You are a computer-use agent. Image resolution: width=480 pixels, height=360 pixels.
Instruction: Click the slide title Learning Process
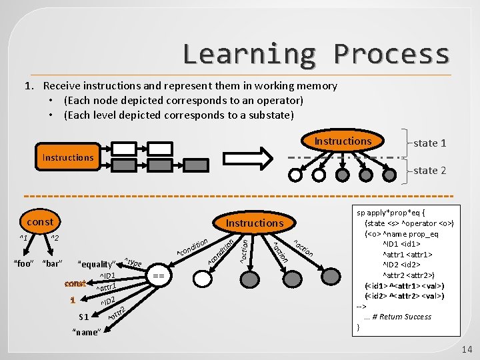(x=316, y=53)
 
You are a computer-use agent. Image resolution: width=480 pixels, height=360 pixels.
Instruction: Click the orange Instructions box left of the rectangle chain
(x=68, y=157)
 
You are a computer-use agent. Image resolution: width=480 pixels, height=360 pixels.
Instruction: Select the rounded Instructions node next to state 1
(x=343, y=141)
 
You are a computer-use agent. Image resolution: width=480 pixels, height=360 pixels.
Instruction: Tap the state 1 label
(x=429, y=143)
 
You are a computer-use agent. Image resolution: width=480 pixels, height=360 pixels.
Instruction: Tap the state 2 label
(x=429, y=171)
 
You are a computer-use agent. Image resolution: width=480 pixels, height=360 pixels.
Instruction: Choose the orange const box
(x=40, y=221)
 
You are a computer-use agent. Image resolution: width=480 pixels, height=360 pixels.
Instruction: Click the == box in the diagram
(x=158, y=274)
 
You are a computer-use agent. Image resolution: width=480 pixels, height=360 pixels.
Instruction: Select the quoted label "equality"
(x=97, y=264)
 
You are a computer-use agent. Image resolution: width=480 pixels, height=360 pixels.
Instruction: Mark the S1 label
(x=84, y=317)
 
